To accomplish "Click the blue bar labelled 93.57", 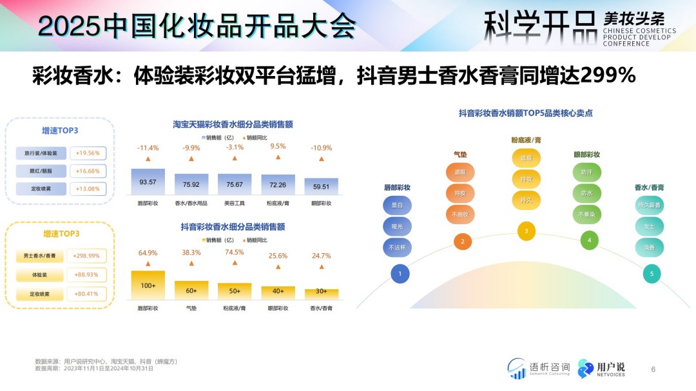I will (148, 182).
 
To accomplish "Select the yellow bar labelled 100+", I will (148, 285).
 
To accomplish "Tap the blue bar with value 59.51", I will (321, 186).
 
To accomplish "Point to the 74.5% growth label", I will (235, 253).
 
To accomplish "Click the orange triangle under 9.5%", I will (278, 158).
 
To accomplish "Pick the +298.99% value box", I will (86, 256).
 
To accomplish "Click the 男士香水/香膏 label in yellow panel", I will (41, 256).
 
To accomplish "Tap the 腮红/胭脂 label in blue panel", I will (41, 171).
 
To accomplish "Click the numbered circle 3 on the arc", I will (527, 231).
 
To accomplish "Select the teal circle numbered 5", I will (652, 274).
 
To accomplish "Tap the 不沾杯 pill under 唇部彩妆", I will (396, 247).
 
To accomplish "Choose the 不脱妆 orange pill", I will (460, 214).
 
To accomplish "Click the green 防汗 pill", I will (586, 172).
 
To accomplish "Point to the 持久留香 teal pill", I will (649, 205).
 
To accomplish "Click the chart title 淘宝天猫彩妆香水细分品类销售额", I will (233, 124).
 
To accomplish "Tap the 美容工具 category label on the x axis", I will (235, 203).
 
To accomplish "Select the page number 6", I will (653, 369).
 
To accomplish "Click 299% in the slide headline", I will (607, 76).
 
